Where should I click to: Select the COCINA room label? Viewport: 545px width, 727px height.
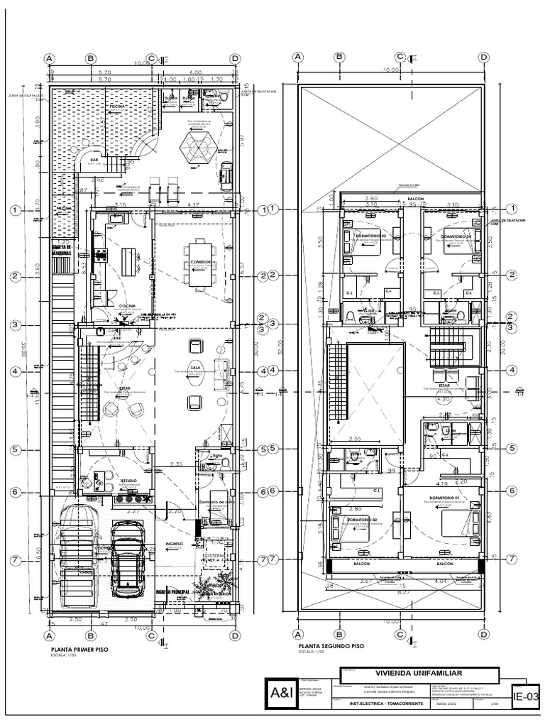[128, 306]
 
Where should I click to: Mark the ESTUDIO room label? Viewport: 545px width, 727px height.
[128, 481]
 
